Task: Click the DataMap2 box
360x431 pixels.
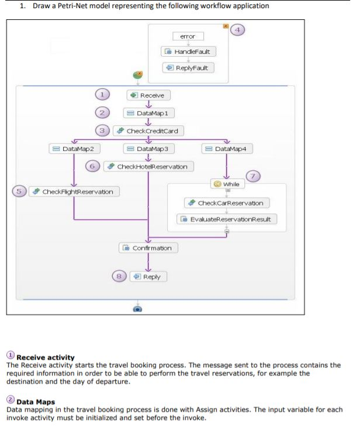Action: click(75, 149)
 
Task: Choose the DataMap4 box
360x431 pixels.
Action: click(227, 149)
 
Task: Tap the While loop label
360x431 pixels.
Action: click(227, 184)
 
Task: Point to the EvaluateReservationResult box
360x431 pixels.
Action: click(227, 219)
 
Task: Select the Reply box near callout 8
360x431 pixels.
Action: click(148, 276)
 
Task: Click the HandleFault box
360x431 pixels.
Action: click(188, 51)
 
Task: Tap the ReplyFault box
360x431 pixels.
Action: click(188, 67)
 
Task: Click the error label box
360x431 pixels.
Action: click(188, 36)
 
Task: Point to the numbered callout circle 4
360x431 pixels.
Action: click(237, 29)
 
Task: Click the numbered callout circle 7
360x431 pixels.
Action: click(252, 177)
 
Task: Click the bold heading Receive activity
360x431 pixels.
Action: click(46, 357)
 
